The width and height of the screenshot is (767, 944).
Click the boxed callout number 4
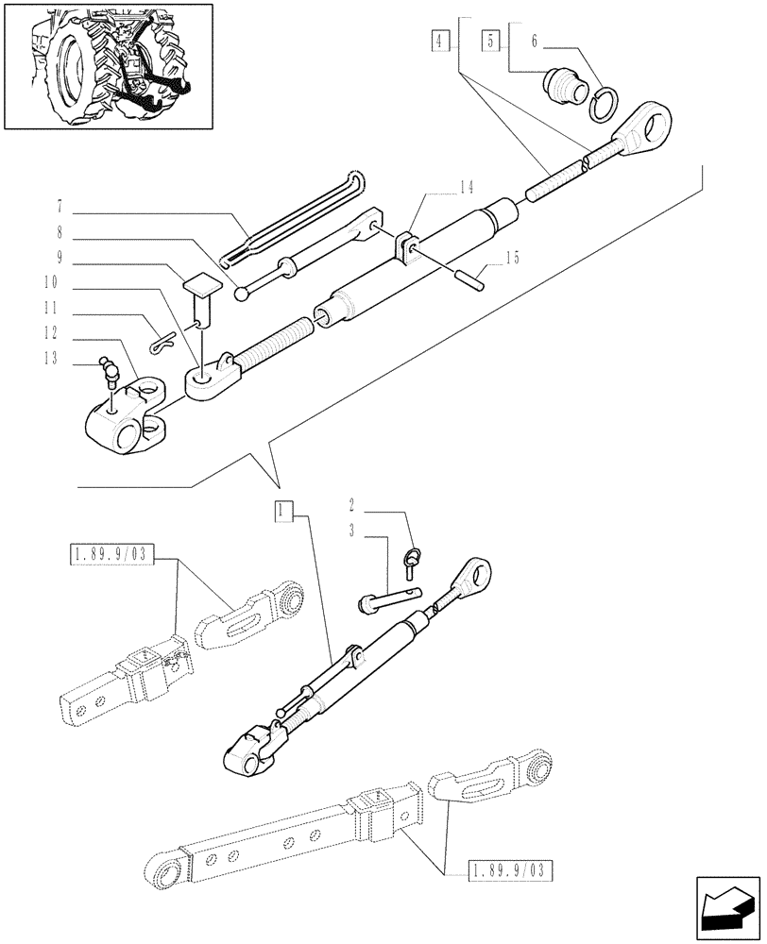coord(440,41)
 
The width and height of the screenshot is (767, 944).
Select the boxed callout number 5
coord(490,41)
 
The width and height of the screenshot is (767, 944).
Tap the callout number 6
coord(534,41)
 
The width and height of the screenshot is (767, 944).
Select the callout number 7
coord(60,205)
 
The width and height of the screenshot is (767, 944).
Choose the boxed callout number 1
coord(282,512)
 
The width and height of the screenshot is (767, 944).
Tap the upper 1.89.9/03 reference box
coord(110,554)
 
